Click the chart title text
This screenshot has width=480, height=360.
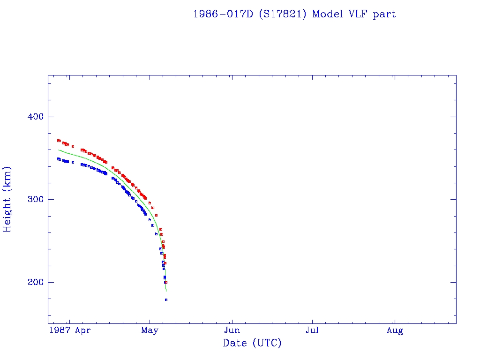[294, 14]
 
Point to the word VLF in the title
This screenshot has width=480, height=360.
[358, 14]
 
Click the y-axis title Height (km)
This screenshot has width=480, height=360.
[7, 199]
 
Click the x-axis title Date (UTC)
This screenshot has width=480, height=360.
[252, 344]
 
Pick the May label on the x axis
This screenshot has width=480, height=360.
[150, 330]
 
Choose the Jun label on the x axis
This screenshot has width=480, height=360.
[232, 330]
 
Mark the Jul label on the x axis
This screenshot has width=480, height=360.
[312, 330]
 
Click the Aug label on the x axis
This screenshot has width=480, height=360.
[395, 330]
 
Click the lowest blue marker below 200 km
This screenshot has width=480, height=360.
[166, 300]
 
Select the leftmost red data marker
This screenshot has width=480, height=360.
[58, 140]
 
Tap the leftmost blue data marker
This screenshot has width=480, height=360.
[58, 159]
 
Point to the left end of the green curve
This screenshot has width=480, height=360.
[59, 150]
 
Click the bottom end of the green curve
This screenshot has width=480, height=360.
[166, 291]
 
